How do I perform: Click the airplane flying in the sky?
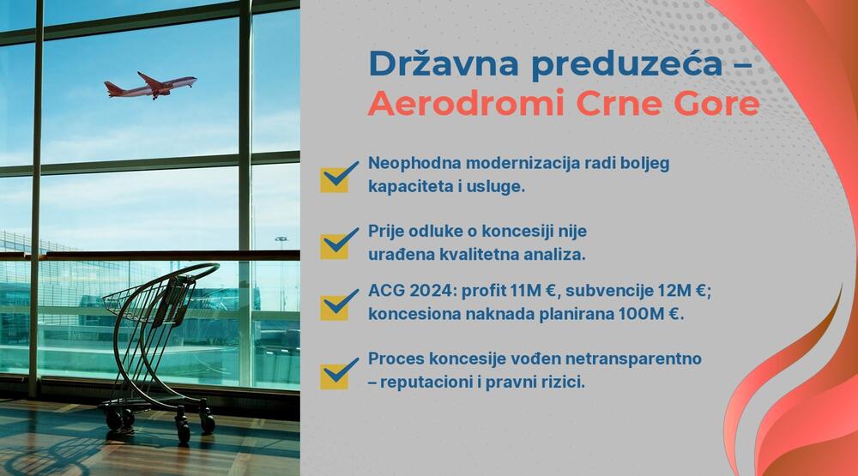click(x=151, y=85)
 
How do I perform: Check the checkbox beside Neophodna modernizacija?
click(x=337, y=176)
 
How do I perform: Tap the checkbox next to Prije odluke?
click(x=337, y=243)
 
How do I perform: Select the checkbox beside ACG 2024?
click(x=337, y=304)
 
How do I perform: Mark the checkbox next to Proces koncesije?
click(x=337, y=372)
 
